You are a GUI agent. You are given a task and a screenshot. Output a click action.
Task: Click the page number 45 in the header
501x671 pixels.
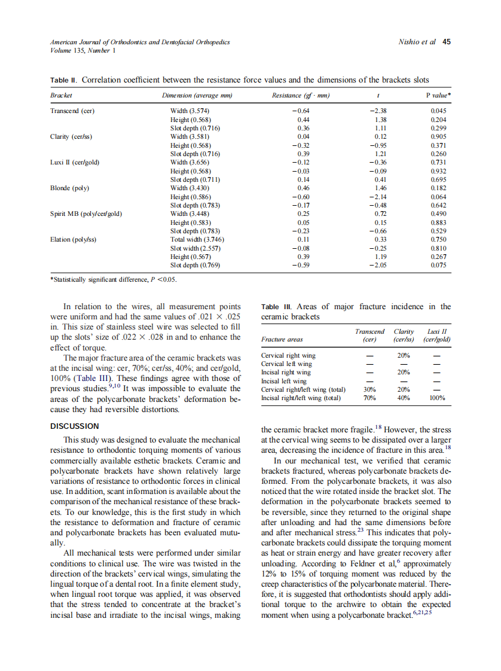(446, 42)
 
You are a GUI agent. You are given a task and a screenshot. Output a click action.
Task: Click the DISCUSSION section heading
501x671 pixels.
(75, 426)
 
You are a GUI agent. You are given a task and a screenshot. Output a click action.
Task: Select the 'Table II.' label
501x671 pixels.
(63, 80)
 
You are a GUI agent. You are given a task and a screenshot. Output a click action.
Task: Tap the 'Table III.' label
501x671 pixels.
(277, 307)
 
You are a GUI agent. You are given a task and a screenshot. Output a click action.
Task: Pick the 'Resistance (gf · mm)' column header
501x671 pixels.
(301, 96)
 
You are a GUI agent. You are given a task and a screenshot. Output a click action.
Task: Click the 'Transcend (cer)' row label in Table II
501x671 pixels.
(72, 111)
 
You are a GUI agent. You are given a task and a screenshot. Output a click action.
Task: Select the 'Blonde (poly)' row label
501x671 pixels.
(69, 188)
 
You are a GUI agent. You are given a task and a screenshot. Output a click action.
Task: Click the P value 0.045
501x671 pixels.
(438, 111)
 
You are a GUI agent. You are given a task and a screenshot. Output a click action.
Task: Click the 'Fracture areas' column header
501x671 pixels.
(282, 340)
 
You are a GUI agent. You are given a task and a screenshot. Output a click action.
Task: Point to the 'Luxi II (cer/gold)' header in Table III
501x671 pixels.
(436, 335)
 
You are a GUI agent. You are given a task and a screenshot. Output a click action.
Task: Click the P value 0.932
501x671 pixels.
(438, 171)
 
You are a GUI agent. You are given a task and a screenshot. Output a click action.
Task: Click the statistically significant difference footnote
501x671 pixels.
(113, 279)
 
